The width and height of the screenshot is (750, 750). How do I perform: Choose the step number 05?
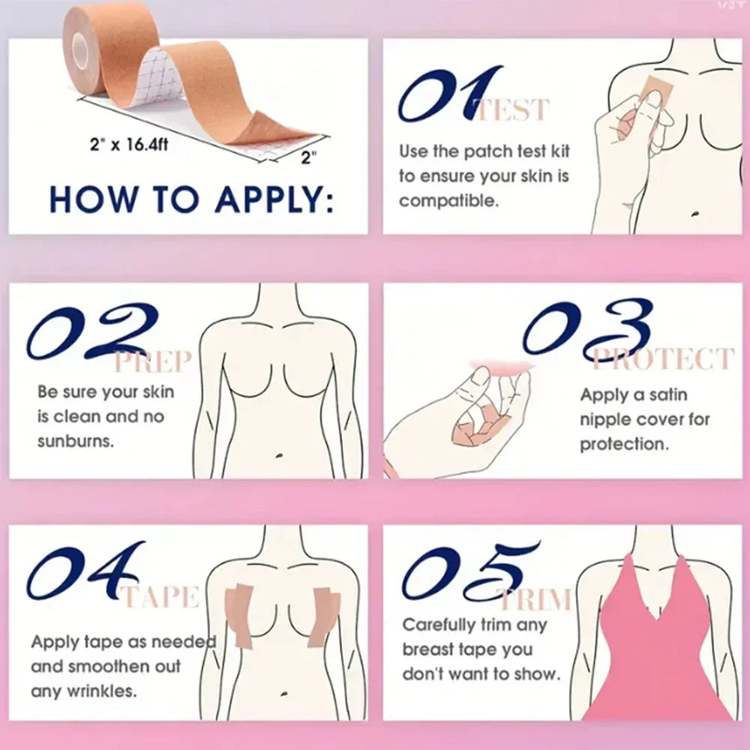[469, 574]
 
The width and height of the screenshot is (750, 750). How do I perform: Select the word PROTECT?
[660, 359]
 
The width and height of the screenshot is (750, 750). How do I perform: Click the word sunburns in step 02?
[75, 441]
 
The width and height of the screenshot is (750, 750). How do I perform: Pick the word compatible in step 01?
[448, 201]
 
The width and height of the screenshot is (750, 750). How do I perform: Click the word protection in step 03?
[623, 443]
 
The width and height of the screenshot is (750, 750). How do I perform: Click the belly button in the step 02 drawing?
[278, 454]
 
